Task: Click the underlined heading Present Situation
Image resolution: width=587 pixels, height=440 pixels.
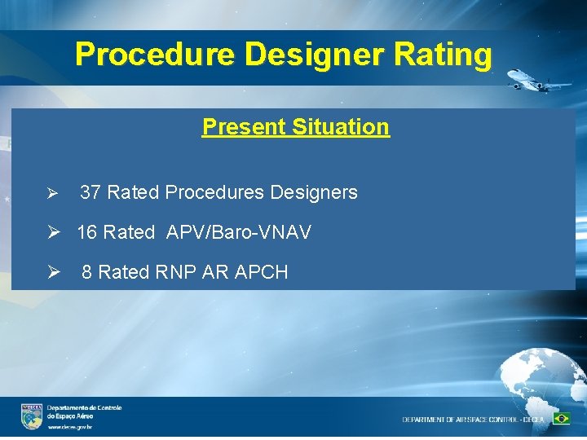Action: pos(295,127)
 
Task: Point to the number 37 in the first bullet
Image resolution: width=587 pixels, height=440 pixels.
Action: pos(90,193)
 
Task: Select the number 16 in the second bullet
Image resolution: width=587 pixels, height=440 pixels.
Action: pos(87,233)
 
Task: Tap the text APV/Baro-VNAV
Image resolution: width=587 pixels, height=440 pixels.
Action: pos(238,233)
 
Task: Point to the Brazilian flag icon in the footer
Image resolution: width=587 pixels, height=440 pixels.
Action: pos(561,419)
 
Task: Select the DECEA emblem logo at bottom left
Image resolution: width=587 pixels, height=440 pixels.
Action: pos(32,416)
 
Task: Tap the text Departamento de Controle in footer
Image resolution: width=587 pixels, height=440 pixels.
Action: pos(84,407)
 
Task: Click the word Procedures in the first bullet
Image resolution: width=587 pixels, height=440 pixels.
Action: pos(214,193)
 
